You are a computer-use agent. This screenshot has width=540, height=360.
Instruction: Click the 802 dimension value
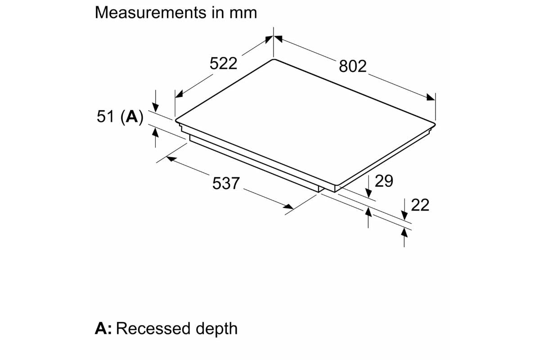click(353, 67)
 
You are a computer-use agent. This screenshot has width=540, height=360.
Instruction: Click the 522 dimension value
click(223, 63)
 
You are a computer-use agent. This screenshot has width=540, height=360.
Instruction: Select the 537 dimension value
click(226, 183)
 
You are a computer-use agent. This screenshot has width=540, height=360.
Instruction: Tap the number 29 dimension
click(384, 181)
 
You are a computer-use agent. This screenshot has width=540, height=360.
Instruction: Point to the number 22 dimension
click(420, 205)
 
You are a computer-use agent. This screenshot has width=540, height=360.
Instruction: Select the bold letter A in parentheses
click(131, 117)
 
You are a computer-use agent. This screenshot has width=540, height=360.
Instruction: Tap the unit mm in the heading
click(243, 13)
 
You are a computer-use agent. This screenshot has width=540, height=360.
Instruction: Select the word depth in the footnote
click(216, 329)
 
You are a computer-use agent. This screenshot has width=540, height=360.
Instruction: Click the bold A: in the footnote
click(103, 328)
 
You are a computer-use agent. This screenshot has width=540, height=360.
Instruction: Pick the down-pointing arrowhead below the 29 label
click(369, 193)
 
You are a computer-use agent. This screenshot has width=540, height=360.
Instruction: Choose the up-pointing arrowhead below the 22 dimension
click(404, 232)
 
